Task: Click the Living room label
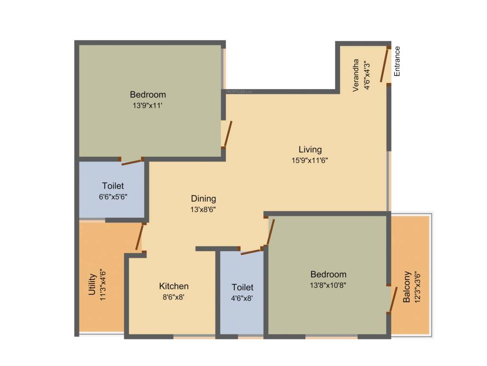tap(310, 150)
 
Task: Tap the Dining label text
tap(204, 199)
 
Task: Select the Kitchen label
tap(174, 286)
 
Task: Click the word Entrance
tap(397, 61)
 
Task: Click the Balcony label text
tap(407, 287)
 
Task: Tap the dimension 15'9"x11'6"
tap(310, 161)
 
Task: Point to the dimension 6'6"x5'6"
tap(113, 196)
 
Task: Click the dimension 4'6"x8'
tap(243, 299)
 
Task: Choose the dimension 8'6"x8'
tap(174, 297)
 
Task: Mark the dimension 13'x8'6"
tap(204, 209)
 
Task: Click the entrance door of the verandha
tap(385, 65)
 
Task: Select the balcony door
tap(392, 299)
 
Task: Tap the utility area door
tap(139, 237)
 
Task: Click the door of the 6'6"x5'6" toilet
tap(132, 163)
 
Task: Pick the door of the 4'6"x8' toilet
tap(251, 251)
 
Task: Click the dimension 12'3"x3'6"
tap(418, 287)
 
